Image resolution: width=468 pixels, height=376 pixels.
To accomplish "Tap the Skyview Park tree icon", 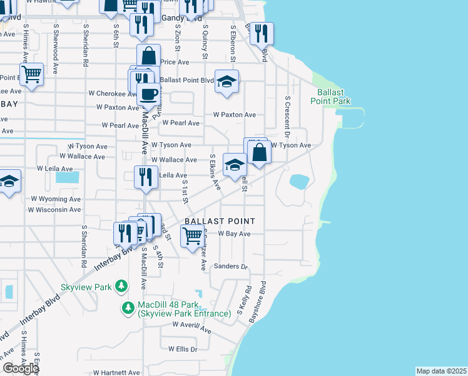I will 121,286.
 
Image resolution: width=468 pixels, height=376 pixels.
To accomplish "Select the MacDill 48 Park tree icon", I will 128,307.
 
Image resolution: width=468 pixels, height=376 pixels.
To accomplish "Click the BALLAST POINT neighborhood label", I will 219,221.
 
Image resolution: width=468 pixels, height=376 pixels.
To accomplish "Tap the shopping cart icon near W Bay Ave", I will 191,237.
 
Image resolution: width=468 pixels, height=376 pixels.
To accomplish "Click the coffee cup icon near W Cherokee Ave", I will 148,94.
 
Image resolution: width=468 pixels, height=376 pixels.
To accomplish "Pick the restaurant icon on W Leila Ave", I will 146,177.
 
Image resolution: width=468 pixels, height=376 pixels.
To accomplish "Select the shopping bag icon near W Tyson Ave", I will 259,152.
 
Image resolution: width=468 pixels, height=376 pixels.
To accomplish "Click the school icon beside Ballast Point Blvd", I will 226,81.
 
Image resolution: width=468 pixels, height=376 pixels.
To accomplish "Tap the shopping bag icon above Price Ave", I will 149,56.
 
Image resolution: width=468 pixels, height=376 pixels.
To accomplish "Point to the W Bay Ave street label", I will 234,234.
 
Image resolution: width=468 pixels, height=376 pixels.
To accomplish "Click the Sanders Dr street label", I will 231,266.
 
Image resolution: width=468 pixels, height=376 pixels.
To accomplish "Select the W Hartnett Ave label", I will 117,372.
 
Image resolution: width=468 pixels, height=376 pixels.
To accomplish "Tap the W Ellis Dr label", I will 183,349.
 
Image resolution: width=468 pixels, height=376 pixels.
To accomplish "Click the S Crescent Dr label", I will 287,117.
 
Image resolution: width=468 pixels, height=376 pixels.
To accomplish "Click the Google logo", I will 21,368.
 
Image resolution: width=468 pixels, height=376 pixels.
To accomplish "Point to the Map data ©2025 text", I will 441,371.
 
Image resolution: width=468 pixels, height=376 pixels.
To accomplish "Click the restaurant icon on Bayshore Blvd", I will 262,33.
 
